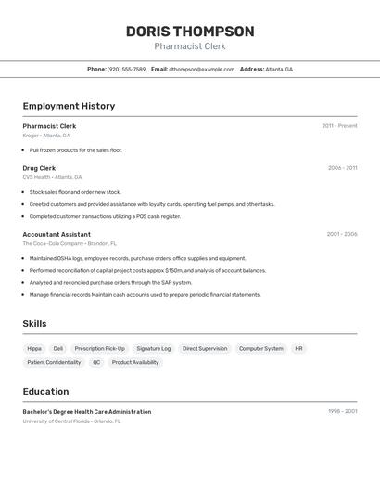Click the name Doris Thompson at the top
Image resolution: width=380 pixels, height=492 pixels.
[x=190, y=32]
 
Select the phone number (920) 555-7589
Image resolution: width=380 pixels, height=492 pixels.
[x=126, y=69]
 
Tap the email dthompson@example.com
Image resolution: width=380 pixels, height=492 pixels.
[x=201, y=69]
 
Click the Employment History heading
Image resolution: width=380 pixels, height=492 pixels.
[x=69, y=106]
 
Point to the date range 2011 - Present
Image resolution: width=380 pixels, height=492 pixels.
[x=339, y=126]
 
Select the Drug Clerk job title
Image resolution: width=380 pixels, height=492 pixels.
[x=39, y=168]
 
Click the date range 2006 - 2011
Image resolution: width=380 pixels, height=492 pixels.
[x=342, y=168]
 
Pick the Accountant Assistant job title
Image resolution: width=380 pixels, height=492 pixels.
[x=57, y=234]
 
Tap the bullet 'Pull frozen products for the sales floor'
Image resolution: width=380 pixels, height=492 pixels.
[x=75, y=149]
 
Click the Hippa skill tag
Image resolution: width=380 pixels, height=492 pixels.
[x=34, y=349]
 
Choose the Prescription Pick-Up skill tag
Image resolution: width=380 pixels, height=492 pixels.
[x=99, y=349]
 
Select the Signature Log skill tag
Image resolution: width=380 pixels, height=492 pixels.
[x=153, y=349]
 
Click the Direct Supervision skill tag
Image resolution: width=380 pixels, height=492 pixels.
[x=205, y=349]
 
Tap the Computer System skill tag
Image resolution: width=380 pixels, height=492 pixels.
[x=261, y=349]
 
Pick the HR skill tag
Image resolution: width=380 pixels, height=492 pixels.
[x=298, y=349]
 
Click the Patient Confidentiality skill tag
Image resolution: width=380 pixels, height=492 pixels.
[x=54, y=363]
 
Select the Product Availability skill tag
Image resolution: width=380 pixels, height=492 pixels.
[x=135, y=363]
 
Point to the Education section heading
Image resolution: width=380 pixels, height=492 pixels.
[x=45, y=392]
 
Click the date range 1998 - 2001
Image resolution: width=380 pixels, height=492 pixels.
[x=342, y=411]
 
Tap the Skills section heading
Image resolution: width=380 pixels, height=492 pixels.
[x=34, y=324]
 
